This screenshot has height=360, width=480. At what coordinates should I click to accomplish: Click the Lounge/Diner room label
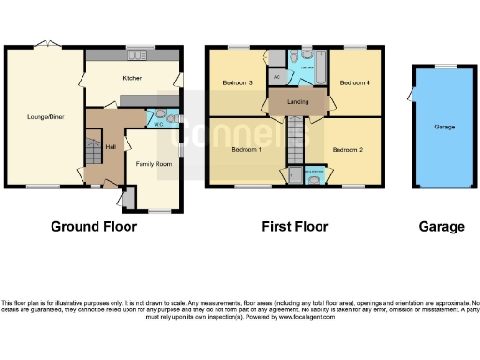pyautogui.click(x=43, y=117)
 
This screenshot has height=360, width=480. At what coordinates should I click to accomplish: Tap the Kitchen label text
pyautogui.click(x=132, y=79)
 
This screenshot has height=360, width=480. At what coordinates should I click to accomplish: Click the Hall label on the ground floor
pyautogui.click(x=110, y=146)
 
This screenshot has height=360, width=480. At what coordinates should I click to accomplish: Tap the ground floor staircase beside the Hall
pyautogui.click(x=93, y=150)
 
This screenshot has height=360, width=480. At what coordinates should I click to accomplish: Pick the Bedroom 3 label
pyautogui.click(x=238, y=83)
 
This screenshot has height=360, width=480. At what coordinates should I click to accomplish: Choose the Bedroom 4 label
pyautogui.click(x=354, y=83)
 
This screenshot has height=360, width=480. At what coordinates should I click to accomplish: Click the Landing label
pyautogui.click(x=298, y=101)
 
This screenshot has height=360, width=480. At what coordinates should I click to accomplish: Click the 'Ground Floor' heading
pyautogui.click(x=94, y=227)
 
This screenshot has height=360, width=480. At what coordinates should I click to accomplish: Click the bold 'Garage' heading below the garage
pyautogui.click(x=442, y=227)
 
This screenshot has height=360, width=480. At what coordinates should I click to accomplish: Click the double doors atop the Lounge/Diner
pyautogui.click(x=43, y=45)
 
